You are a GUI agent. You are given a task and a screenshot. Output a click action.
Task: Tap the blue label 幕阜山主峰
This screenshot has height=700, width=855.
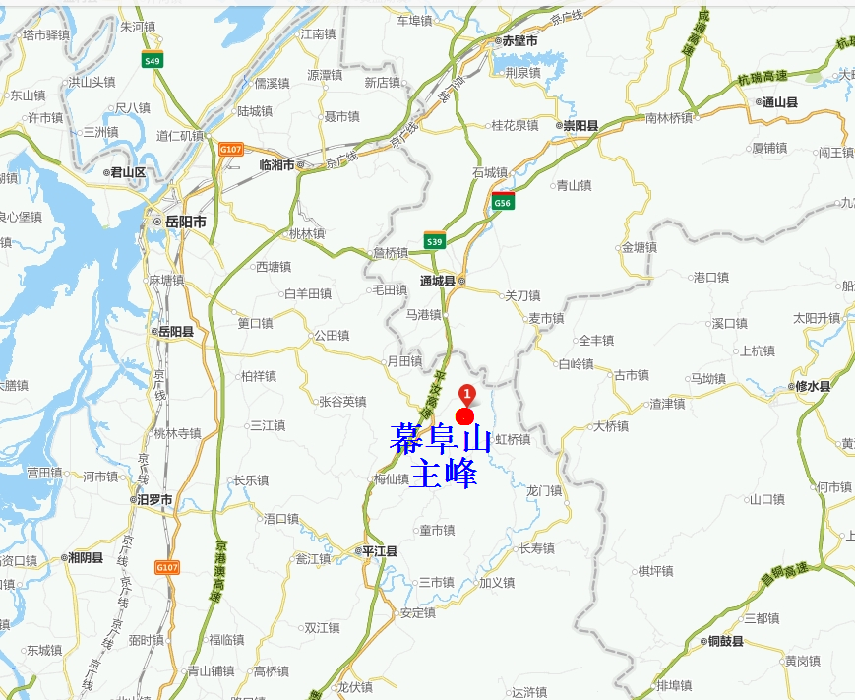(440, 456)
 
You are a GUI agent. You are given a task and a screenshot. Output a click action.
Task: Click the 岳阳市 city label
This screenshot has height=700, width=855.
(185, 223)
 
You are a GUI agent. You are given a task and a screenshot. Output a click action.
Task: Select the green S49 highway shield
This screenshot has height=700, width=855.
(152, 61)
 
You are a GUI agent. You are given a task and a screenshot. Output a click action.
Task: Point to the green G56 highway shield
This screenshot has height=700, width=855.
(503, 203)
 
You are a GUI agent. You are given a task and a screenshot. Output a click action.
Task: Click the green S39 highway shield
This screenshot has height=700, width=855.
(435, 241)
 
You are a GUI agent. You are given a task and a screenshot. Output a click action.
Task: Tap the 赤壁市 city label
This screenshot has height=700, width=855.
(519, 41)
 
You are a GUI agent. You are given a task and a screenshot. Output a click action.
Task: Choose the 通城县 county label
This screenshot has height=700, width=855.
(438, 282)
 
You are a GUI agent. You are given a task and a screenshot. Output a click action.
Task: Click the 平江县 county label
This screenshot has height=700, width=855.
(379, 552)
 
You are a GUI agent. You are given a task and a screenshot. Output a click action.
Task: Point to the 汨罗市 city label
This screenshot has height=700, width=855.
(154, 500)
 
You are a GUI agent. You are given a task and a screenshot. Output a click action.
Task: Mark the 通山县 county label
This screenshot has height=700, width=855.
(779, 101)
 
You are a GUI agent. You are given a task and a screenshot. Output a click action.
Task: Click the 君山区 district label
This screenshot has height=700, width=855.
(127, 172)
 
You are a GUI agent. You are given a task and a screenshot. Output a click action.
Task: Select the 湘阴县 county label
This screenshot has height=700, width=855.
(85, 558)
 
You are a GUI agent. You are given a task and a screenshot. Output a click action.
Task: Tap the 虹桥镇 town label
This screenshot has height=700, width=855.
(512, 440)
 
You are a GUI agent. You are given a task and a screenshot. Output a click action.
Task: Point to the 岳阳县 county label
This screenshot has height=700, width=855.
(175, 332)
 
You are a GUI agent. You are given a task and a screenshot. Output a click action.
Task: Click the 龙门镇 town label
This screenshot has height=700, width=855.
(543, 491)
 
